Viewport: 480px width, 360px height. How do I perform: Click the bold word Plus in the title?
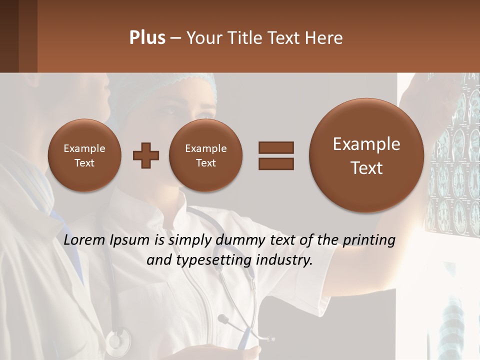[147, 38]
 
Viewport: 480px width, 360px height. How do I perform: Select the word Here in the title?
[325, 38]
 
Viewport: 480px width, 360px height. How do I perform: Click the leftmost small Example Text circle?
[84, 155]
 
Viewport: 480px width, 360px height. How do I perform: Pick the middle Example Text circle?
[205, 155]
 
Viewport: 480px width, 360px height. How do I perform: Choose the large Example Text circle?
[366, 155]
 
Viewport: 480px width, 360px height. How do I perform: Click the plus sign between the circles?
[146, 155]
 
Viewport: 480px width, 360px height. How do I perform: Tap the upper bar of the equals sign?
[276, 147]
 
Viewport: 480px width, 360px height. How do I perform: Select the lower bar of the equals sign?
[276, 163]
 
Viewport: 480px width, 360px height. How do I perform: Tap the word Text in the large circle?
[366, 168]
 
